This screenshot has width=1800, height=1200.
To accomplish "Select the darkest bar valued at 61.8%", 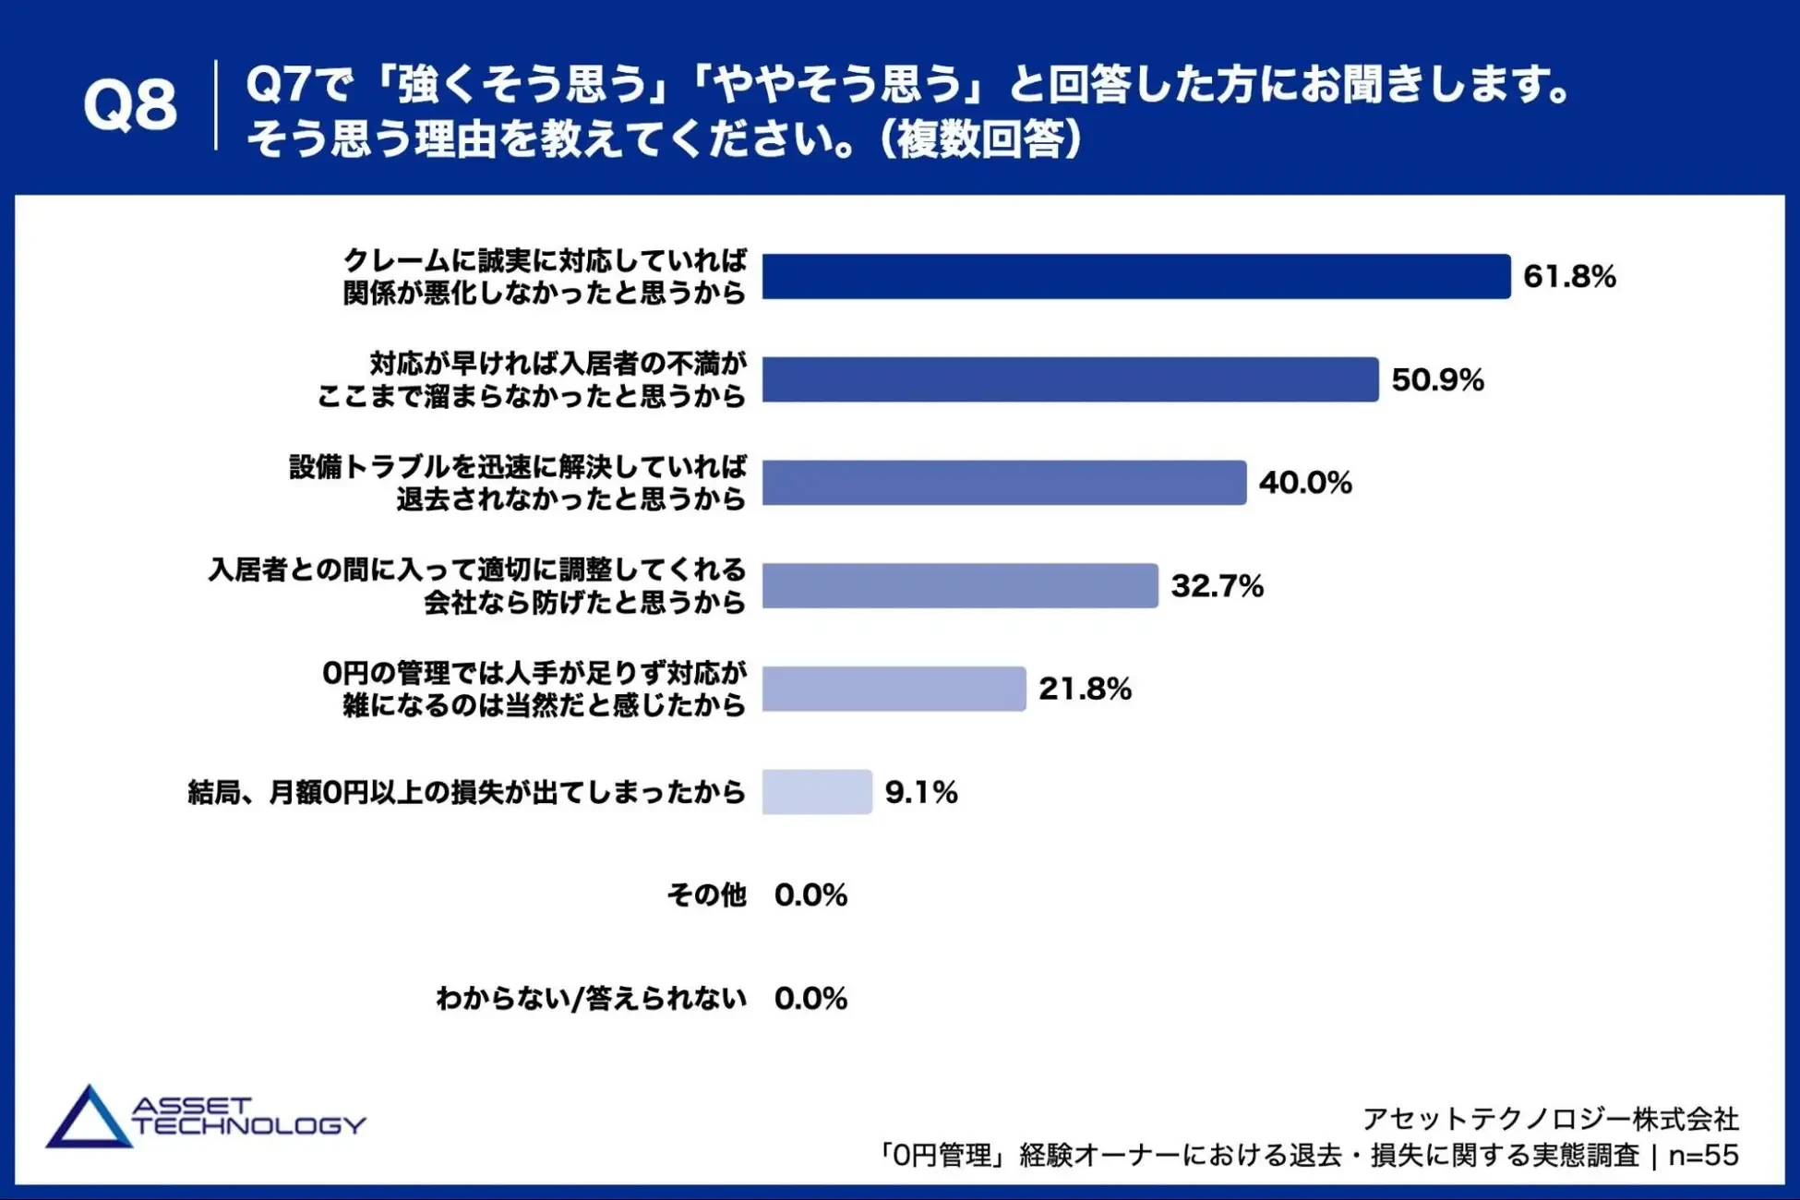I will click(1135, 276).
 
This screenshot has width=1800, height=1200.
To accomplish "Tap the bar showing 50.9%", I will click(1070, 379).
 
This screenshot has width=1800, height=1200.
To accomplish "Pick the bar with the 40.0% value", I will click(1003, 482).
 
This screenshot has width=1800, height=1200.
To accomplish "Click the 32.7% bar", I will click(960, 585).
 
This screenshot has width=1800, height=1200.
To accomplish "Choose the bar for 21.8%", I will click(894, 689).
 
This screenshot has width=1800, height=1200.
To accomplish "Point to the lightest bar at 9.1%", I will click(817, 792).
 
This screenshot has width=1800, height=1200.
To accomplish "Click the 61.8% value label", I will click(1569, 276).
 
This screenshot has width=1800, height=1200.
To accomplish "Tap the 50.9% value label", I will click(1437, 379).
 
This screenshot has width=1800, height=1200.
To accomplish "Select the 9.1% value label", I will click(921, 792).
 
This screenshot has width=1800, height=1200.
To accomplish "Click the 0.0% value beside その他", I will click(810, 894).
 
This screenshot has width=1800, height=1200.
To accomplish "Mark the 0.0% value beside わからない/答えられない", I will click(810, 998).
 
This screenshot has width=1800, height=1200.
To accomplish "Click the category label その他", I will click(706, 894).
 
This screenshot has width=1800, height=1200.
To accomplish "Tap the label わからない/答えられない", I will click(591, 998).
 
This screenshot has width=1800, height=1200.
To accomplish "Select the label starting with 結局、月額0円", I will click(466, 792).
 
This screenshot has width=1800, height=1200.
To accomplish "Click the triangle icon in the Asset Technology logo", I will click(88, 1119).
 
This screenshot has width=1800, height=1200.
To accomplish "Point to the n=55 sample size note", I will click(1703, 1155).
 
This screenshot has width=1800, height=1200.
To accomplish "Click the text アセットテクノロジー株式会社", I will click(1551, 1119).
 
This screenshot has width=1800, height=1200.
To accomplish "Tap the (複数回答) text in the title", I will click(980, 139).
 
